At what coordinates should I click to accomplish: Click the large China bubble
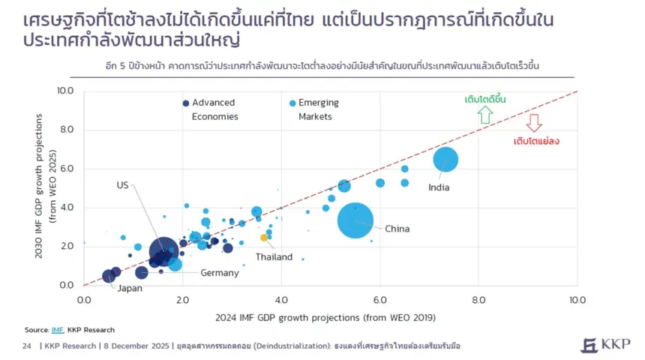[x=356, y=220]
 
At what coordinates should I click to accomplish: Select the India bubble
[x=445, y=160]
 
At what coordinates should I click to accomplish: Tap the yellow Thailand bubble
[x=264, y=238]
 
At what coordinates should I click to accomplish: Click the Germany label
[x=219, y=273]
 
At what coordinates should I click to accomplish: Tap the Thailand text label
[x=274, y=257]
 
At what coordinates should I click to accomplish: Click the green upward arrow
[x=485, y=114]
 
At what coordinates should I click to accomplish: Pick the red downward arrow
[x=534, y=123]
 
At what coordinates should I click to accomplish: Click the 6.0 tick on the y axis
[x=66, y=169]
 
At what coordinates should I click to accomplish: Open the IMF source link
[x=57, y=330]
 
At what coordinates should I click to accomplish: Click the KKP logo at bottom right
[x=605, y=345]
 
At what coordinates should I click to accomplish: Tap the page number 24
[x=27, y=346]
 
